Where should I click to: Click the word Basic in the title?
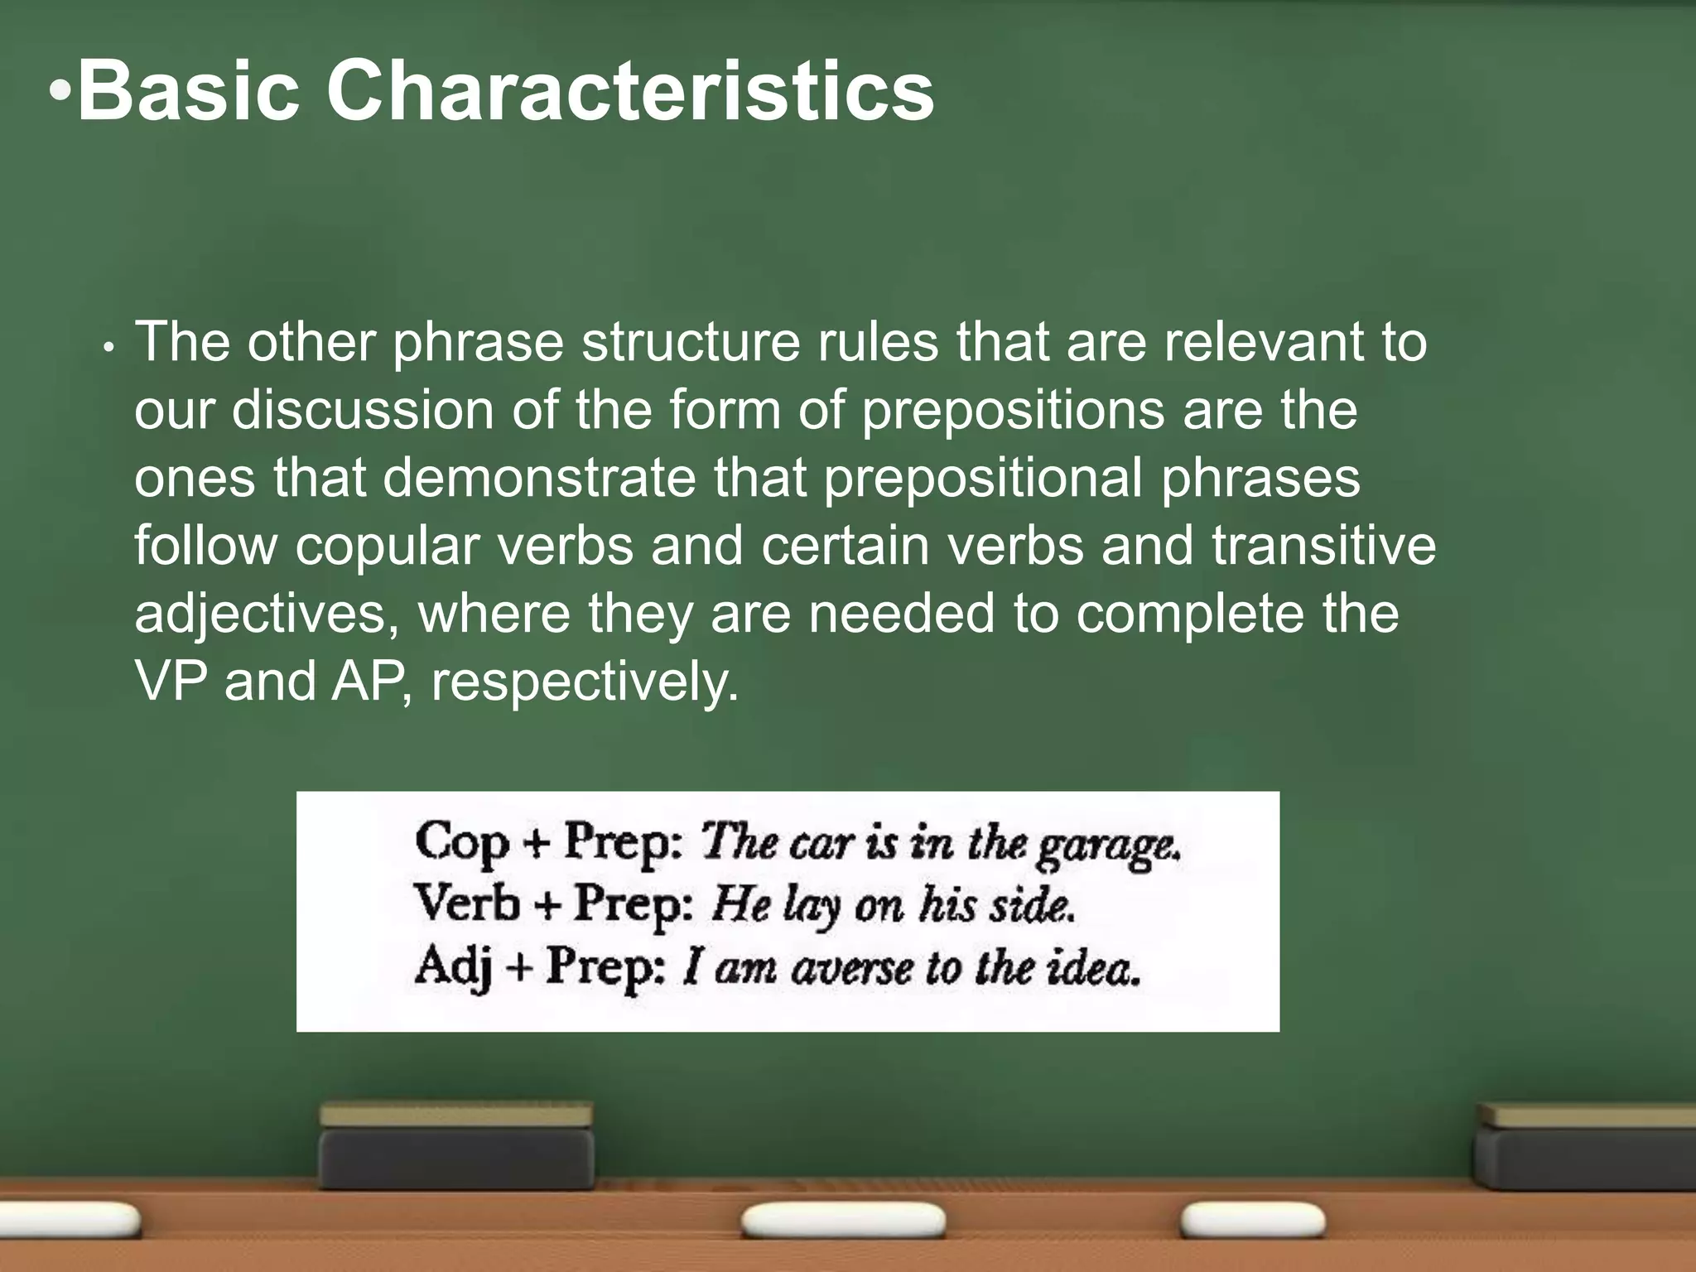coord(189,91)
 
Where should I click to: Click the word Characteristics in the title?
coord(631,91)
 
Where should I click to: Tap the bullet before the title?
coord(60,93)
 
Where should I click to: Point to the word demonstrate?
coord(539,478)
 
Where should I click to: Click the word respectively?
coord(584,683)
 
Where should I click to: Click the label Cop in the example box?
coord(461,844)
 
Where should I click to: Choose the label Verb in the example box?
coord(466,903)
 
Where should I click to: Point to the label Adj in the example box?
coord(453,966)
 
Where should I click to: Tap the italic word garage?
coord(1108,846)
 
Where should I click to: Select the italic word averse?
coord(851,969)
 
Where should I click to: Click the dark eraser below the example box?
coord(456,1146)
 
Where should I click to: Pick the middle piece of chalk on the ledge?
coord(843,1221)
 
